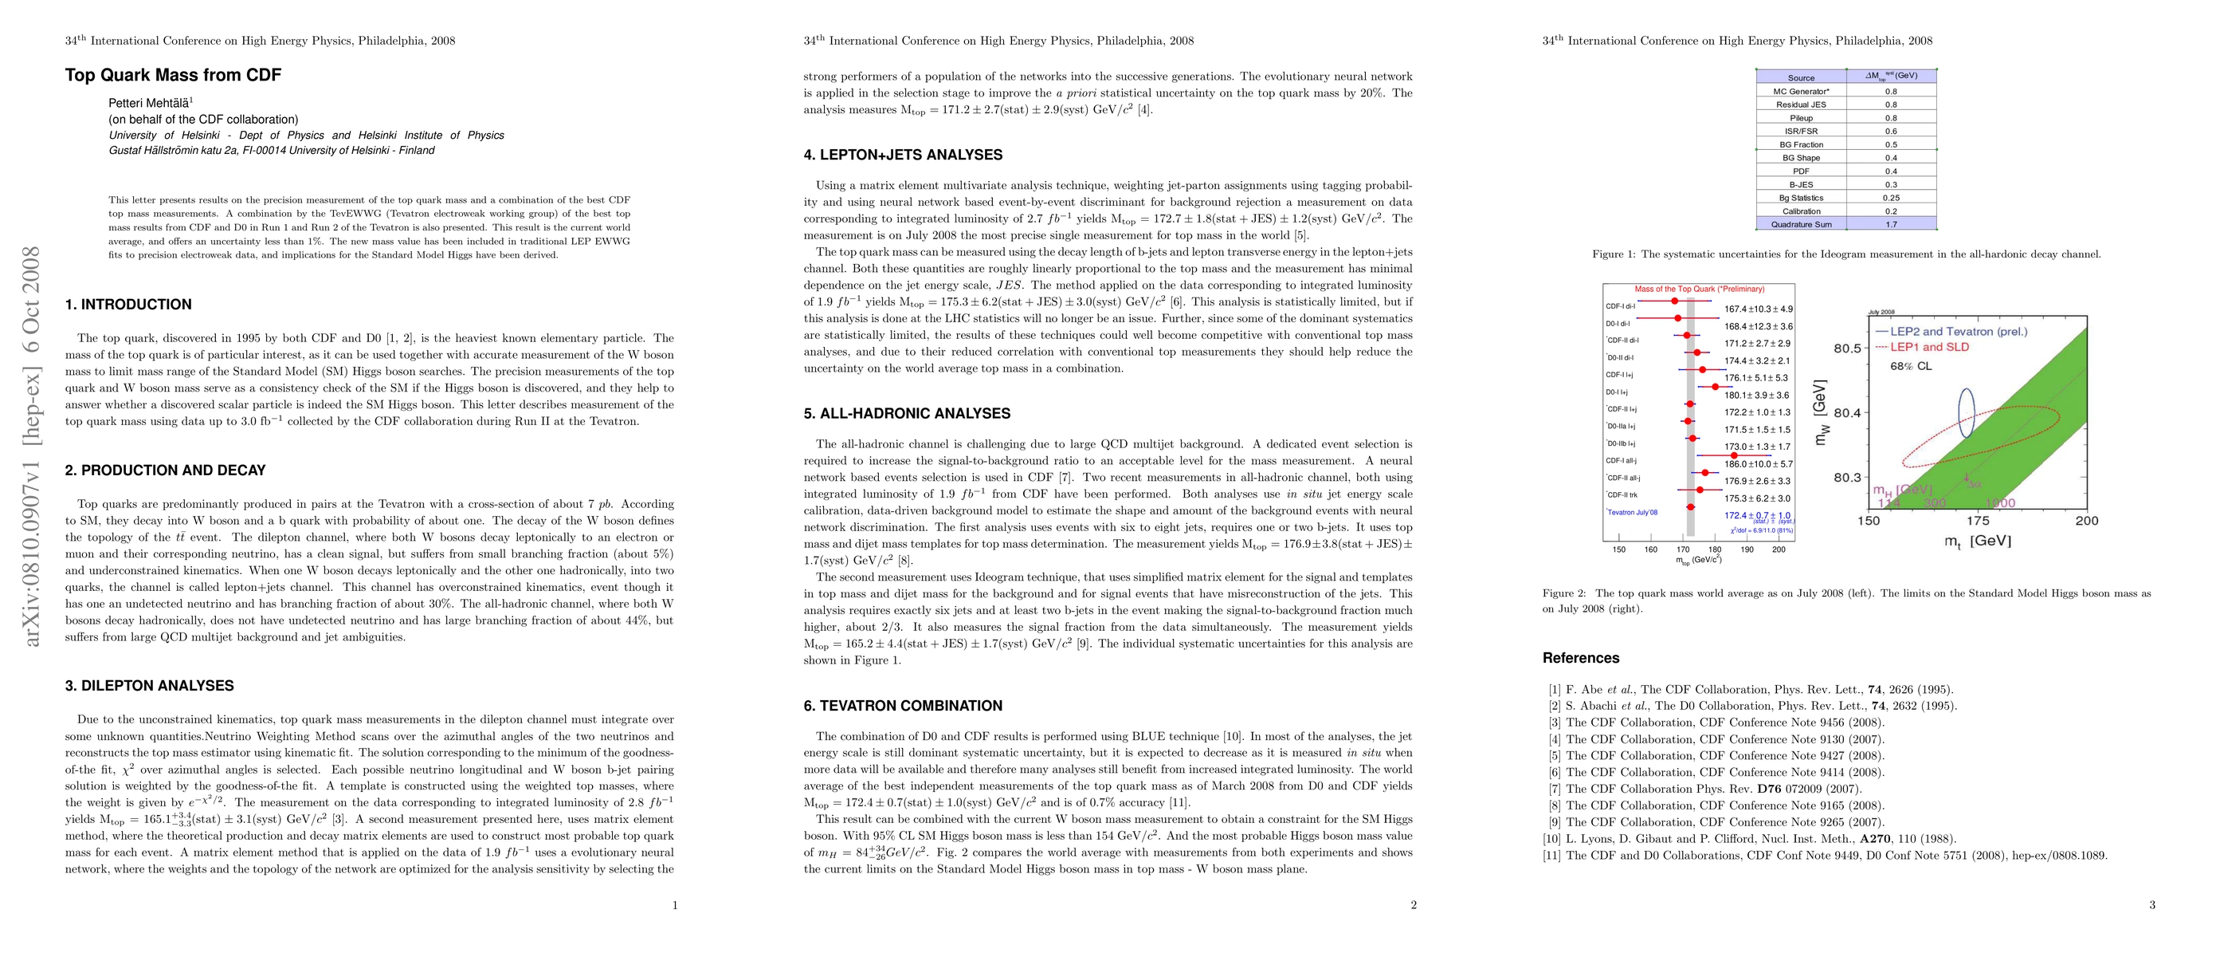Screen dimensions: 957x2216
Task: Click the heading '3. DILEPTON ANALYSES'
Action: (x=149, y=686)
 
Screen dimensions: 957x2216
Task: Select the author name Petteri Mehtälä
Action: (x=150, y=103)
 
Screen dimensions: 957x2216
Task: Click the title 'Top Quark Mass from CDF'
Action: (x=173, y=75)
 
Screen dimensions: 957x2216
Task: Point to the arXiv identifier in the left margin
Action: (x=32, y=447)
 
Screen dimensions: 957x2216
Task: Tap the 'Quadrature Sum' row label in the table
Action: (x=1801, y=225)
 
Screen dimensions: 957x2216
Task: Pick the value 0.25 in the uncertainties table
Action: (x=1891, y=198)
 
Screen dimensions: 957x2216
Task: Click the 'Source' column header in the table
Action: (x=1801, y=77)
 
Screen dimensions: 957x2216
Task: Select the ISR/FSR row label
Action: (x=1801, y=132)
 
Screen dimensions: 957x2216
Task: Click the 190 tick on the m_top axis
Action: (x=1747, y=549)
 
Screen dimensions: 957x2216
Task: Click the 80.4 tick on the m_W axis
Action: (x=1847, y=413)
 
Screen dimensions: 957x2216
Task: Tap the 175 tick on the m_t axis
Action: (x=1978, y=521)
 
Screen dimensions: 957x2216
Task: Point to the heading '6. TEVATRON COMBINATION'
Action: (x=902, y=706)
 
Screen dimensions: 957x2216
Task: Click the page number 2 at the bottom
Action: (x=1414, y=904)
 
